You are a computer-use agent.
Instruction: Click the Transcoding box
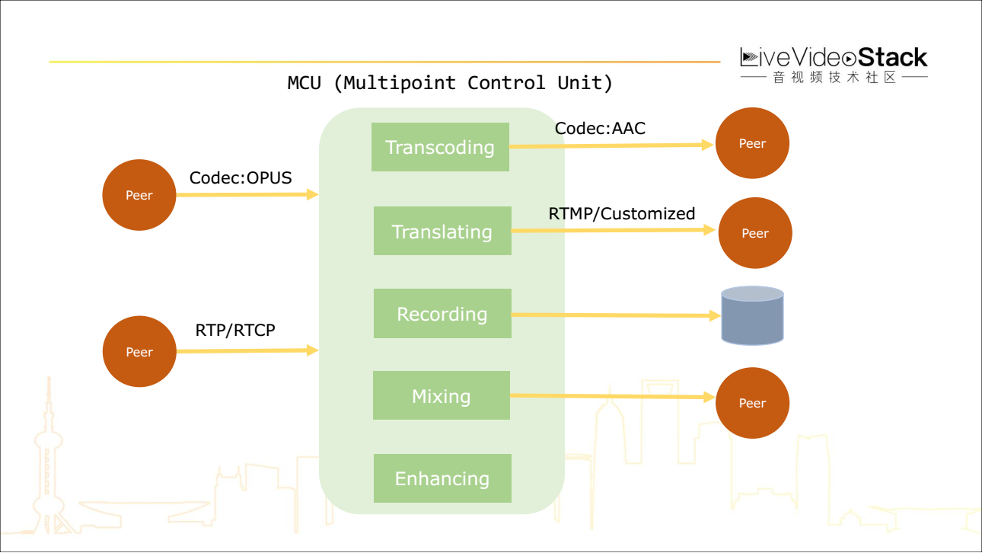tap(440, 147)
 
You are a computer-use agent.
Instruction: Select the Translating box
tap(442, 231)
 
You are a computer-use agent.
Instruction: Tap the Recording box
tap(442, 313)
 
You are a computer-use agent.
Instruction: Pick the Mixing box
tap(442, 395)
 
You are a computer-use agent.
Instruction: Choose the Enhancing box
tap(442, 478)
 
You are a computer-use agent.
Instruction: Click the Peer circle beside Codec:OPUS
tap(139, 195)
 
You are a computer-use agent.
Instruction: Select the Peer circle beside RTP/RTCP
tap(139, 352)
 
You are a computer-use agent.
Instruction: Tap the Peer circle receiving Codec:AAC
tap(752, 143)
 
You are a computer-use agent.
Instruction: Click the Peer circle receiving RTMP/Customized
tap(755, 233)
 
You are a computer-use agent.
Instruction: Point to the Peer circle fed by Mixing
tap(752, 403)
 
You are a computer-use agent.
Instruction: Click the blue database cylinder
tap(753, 316)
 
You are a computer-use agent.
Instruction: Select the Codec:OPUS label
tap(241, 177)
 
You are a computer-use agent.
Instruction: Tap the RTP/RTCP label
tap(235, 330)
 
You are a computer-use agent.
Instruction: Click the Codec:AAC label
tap(600, 128)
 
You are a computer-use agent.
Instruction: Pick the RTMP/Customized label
tap(622, 213)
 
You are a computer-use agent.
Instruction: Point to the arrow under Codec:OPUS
tap(247, 195)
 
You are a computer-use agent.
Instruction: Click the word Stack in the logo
tap(892, 57)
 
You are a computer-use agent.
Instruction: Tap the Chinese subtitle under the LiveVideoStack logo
tap(835, 77)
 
